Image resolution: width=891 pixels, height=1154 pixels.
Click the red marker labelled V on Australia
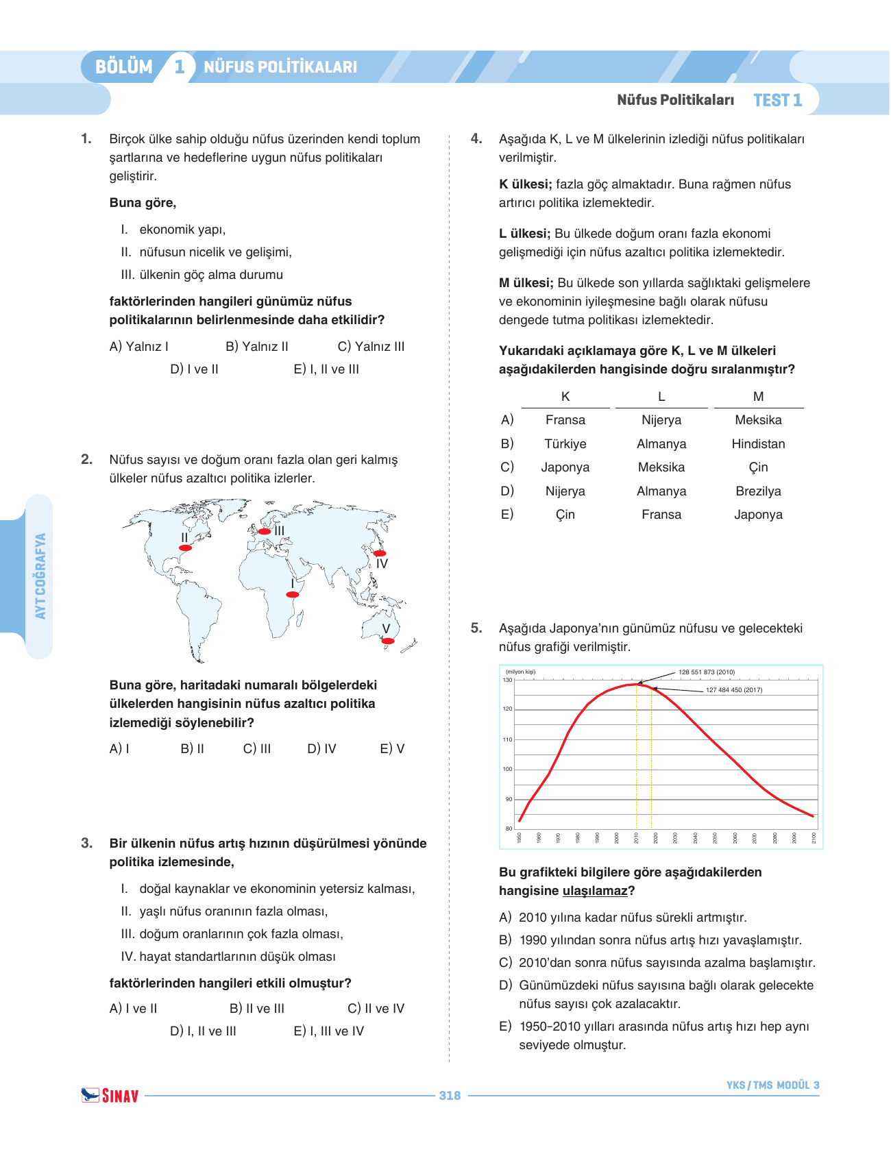(x=388, y=641)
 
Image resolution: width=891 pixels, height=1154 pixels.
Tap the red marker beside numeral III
(x=264, y=531)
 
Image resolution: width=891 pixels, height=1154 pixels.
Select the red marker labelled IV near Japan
(x=379, y=553)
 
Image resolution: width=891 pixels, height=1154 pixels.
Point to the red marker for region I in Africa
(x=293, y=595)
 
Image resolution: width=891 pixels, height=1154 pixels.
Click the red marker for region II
(x=185, y=548)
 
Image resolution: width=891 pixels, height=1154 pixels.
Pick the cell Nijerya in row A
(x=661, y=420)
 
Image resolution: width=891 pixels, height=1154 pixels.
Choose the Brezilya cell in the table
(x=758, y=491)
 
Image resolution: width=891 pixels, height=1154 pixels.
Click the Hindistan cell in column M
(x=758, y=444)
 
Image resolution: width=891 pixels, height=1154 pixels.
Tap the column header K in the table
(x=565, y=397)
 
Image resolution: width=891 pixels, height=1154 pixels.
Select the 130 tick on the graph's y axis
(x=507, y=680)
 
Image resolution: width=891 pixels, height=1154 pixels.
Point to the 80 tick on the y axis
(x=509, y=828)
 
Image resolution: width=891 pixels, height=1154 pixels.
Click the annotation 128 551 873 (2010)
(x=706, y=672)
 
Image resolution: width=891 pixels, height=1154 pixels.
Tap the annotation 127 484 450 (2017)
(x=733, y=690)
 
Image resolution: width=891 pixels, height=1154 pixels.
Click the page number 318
(x=450, y=1096)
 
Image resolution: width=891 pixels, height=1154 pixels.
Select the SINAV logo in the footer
(x=110, y=1096)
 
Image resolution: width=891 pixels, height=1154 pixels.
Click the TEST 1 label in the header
(x=777, y=101)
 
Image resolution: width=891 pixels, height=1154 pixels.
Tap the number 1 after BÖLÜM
(x=180, y=66)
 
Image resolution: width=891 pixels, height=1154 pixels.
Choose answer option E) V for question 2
(x=392, y=749)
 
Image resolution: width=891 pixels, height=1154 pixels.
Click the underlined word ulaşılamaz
(x=594, y=891)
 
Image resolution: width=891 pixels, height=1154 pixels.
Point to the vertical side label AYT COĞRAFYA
(x=40, y=576)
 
